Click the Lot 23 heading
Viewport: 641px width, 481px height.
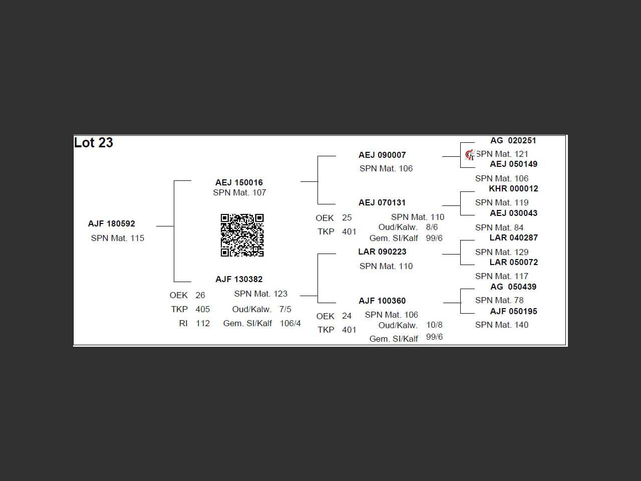[94, 143]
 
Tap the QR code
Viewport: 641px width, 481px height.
[242, 235]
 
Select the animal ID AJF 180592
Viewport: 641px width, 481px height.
[111, 224]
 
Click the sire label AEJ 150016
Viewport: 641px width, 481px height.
[239, 182]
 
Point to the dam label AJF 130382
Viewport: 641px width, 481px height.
[239, 279]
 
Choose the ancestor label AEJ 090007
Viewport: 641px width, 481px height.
[382, 155]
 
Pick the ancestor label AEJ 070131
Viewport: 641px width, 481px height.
[382, 202]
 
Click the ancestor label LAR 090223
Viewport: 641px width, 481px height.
[382, 252]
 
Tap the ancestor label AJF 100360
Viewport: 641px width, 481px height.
[382, 301]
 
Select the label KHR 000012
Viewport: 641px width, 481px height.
[513, 188]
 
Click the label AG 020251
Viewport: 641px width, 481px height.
[513, 140]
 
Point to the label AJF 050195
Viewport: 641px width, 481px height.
[513, 311]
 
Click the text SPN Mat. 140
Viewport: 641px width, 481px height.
[501, 325]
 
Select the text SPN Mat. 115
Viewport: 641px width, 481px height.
[117, 238]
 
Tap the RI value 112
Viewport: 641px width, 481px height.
[203, 323]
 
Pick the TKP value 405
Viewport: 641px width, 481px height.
[203, 309]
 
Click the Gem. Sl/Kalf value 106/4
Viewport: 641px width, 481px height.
[290, 323]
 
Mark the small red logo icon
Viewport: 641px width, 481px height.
[470, 155]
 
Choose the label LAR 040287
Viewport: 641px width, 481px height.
[513, 237]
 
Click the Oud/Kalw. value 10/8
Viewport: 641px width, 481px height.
[434, 325]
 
